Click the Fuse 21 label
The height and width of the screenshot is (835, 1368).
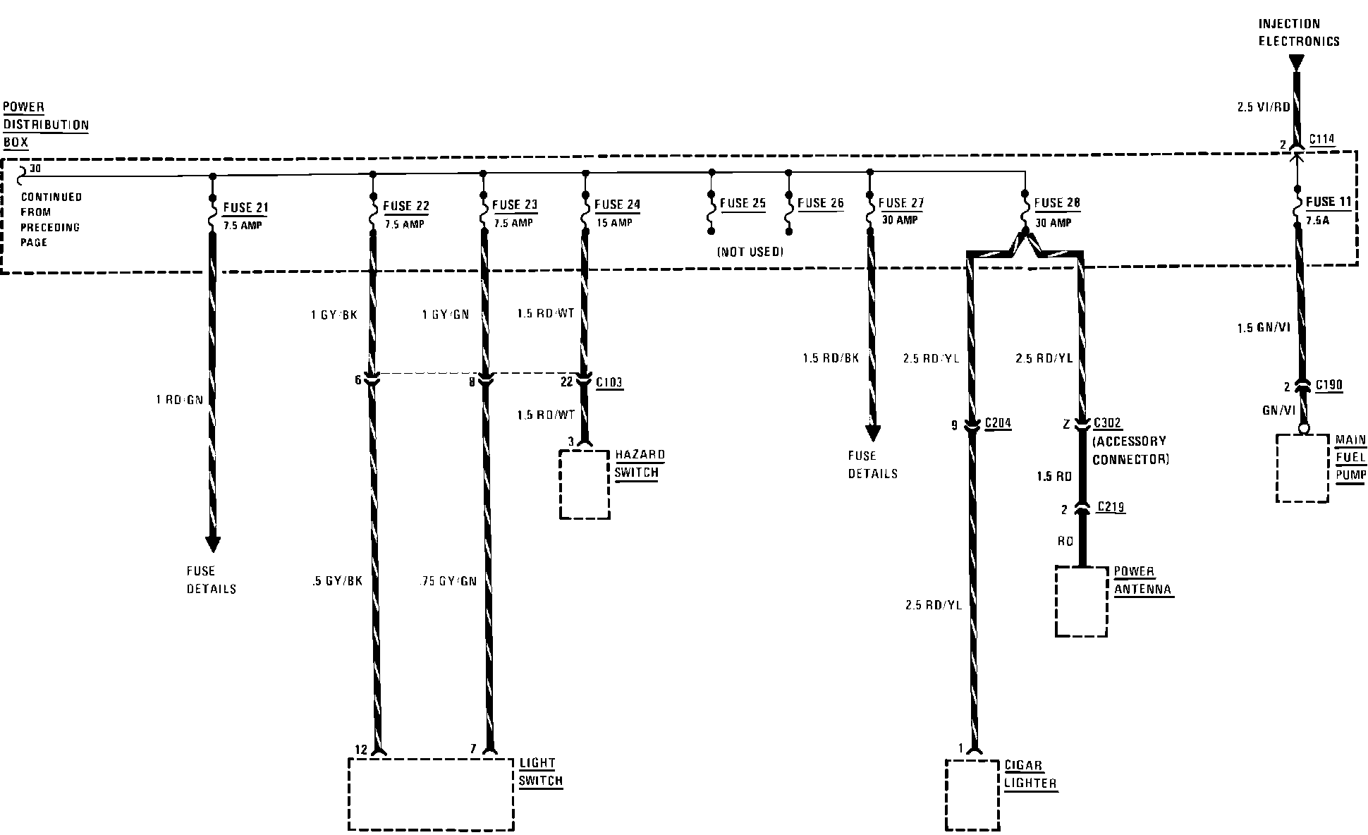coord(245,208)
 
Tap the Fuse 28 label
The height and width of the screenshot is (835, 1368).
coord(1057,204)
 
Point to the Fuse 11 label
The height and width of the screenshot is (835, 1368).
coord(1328,202)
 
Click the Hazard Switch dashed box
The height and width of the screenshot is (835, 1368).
coord(585,484)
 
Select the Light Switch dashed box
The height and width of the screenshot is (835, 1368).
coord(431,794)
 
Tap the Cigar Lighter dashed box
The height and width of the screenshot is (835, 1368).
coord(972,795)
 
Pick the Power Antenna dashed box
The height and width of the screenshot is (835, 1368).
coord(1081,601)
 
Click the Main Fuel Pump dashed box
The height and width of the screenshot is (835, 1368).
coord(1302,468)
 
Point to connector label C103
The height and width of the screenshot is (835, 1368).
coord(609,383)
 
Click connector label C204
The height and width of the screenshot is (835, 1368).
coord(998,423)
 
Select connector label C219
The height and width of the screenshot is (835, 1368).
coord(1111,507)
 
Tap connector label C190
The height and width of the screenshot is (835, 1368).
coord(1329,386)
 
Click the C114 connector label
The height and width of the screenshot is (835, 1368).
coord(1321,140)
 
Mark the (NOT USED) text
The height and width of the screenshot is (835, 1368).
coord(750,252)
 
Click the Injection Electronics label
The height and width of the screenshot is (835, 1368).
coord(1298,32)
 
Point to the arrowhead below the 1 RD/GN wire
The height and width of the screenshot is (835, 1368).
coord(212,544)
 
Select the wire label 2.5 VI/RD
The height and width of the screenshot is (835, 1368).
coord(1263,108)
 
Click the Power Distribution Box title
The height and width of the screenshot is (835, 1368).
coord(46,125)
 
